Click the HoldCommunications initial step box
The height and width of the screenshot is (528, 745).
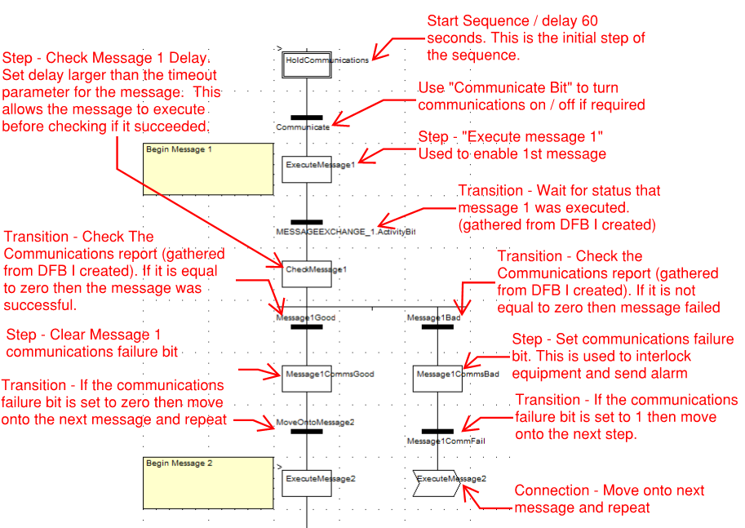pyautogui.click(x=307, y=60)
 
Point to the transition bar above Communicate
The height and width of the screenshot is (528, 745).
pyautogui.click(x=307, y=118)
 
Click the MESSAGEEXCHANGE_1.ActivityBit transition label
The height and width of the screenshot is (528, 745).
pyautogui.click(x=346, y=232)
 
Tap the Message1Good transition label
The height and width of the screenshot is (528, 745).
pyautogui.click(x=305, y=317)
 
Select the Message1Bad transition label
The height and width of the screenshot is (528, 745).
pyautogui.click(x=434, y=317)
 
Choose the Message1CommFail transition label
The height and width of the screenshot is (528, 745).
pyautogui.click(x=441, y=441)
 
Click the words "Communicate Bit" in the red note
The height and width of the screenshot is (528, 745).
pyautogui.click(x=494, y=88)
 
